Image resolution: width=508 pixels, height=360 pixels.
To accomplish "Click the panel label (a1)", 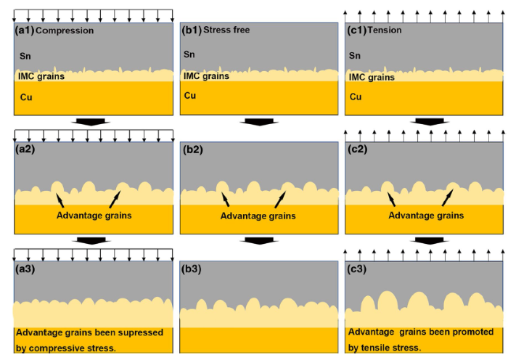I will click(25, 30).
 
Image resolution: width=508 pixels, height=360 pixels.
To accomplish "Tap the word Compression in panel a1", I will click(65, 30).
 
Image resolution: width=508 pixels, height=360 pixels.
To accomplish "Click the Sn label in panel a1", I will click(26, 54).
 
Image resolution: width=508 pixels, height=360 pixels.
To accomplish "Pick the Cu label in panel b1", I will click(189, 95).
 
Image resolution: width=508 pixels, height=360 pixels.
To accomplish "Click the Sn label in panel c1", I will click(355, 55).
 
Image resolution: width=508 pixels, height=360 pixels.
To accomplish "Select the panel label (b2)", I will click(194, 150).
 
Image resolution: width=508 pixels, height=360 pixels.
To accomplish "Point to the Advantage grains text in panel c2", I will click(426, 216).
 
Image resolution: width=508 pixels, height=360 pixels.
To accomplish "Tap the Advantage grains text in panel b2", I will click(258, 216).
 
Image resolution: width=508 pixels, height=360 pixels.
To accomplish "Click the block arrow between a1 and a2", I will click(91, 122).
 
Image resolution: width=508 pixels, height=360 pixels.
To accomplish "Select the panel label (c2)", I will click(359, 150).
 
